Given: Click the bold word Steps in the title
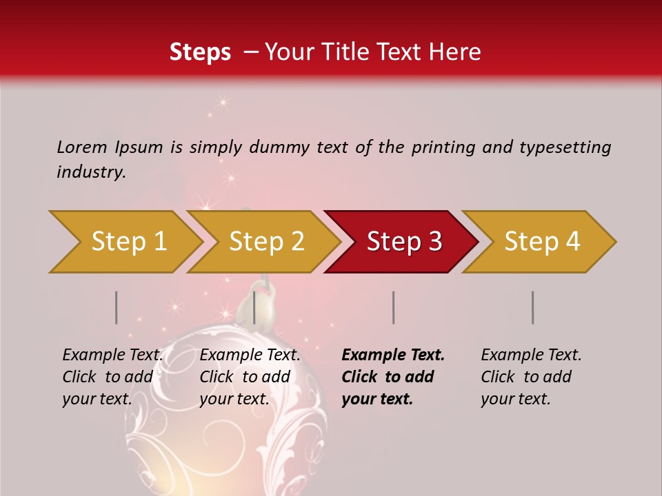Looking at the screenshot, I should click(x=200, y=52).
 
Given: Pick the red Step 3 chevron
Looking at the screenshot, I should click(x=404, y=242).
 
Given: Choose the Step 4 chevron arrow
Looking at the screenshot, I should click(x=542, y=242).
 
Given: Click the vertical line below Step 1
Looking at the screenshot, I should click(x=117, y=307).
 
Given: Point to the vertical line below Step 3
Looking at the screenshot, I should click(x=393, y=307).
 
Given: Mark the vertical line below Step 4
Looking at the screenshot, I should click(x=533, y=307).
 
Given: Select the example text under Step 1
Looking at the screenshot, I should click(x=112, y=377).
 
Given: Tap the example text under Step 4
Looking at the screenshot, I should click(x=531, y=377).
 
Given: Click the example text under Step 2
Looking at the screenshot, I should click(x=250, y=377).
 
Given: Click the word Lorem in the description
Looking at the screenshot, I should click(x=82, y=147).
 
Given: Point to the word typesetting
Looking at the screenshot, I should click(x=565, y=147).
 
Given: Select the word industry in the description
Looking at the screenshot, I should click(x=91, y=172).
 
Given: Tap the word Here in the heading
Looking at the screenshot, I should click(x=457, y=52).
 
